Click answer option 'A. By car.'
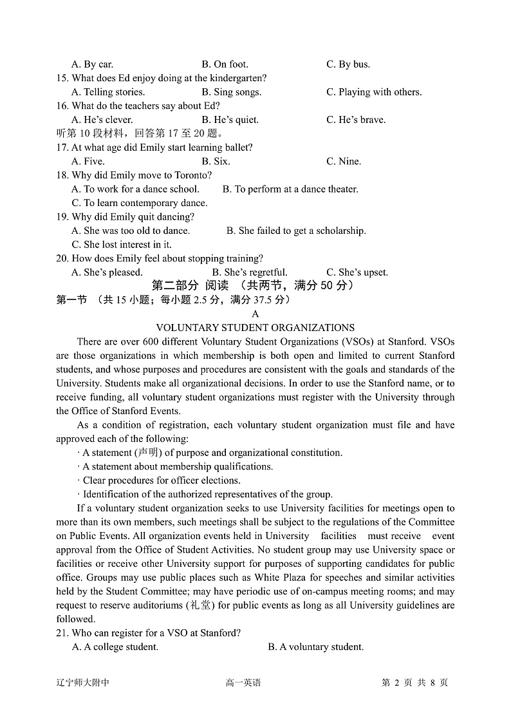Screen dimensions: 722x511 coord(92,64)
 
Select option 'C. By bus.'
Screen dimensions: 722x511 coord(348,64)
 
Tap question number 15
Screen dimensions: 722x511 coord(62,78)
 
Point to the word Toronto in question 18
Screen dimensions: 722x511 coord(192,175)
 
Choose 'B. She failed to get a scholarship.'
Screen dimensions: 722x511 coord(296,231)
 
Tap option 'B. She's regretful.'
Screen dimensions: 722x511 coord(250,272)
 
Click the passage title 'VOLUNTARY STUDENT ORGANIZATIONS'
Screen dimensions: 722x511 coord(256,328)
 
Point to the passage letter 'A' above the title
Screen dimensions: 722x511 coord(256,314)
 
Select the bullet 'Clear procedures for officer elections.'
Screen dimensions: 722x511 coord(161,480)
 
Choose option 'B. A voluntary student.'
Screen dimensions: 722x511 coord(315,647)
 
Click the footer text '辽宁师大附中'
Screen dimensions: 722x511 coord(82,683)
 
